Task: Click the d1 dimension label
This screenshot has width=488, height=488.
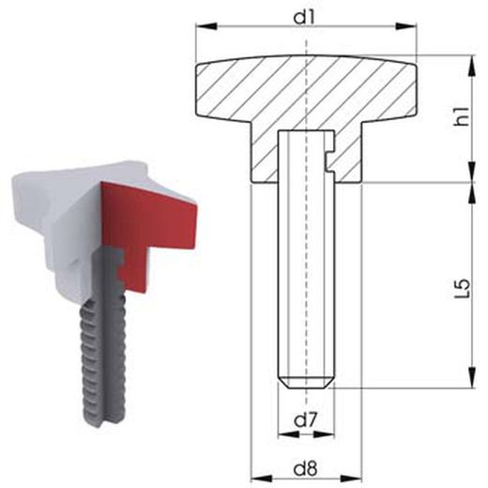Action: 307,16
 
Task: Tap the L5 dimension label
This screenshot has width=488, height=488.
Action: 460,282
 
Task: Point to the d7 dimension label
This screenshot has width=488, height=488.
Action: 307,420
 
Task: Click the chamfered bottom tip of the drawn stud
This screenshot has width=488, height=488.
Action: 308,382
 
